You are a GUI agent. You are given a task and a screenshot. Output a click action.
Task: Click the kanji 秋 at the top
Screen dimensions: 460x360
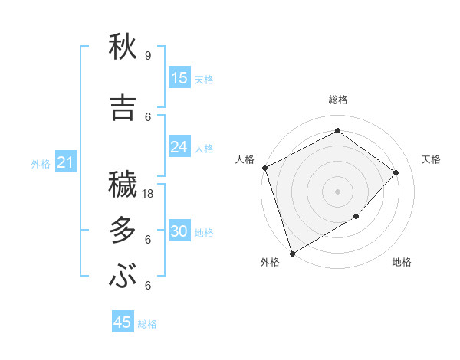tap(123, 47)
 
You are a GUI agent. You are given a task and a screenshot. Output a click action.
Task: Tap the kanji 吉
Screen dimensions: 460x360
tap(123, 106)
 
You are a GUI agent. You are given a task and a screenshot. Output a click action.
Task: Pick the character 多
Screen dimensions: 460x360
tap(123, 230)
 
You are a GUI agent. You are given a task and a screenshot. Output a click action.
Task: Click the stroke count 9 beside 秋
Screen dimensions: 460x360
tap(147, 55)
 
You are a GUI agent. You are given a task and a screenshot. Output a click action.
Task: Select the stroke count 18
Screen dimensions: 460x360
tap(149, 194)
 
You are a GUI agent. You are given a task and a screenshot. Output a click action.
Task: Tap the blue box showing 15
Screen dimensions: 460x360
tap(179, 78)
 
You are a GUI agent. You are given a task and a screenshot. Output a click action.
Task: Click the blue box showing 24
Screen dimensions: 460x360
tap(179, 147)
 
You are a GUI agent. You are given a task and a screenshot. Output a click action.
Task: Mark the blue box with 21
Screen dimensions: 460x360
tap(65, 162)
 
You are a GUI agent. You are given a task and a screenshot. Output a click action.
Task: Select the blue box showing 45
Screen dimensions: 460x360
tap(123, 322)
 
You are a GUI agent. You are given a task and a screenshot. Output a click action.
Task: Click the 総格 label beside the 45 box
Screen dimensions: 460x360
tap(147, 324)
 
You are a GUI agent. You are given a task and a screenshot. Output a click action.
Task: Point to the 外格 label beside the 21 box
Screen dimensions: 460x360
tap(41, 163)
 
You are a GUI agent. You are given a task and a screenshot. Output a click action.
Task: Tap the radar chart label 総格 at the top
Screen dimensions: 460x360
tap(338, 100)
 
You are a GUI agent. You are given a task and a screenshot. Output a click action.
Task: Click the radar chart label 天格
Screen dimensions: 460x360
tap(431, 159)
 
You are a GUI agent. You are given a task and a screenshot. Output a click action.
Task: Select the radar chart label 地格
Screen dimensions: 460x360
tap(402, 262)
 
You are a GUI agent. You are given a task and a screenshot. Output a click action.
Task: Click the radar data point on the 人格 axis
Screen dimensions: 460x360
tap(264, 168)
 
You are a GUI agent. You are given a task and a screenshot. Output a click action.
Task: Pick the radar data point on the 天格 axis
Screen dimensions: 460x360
tap(396, 172)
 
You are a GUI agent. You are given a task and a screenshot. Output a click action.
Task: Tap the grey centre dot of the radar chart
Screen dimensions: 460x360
tap(337, 191)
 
